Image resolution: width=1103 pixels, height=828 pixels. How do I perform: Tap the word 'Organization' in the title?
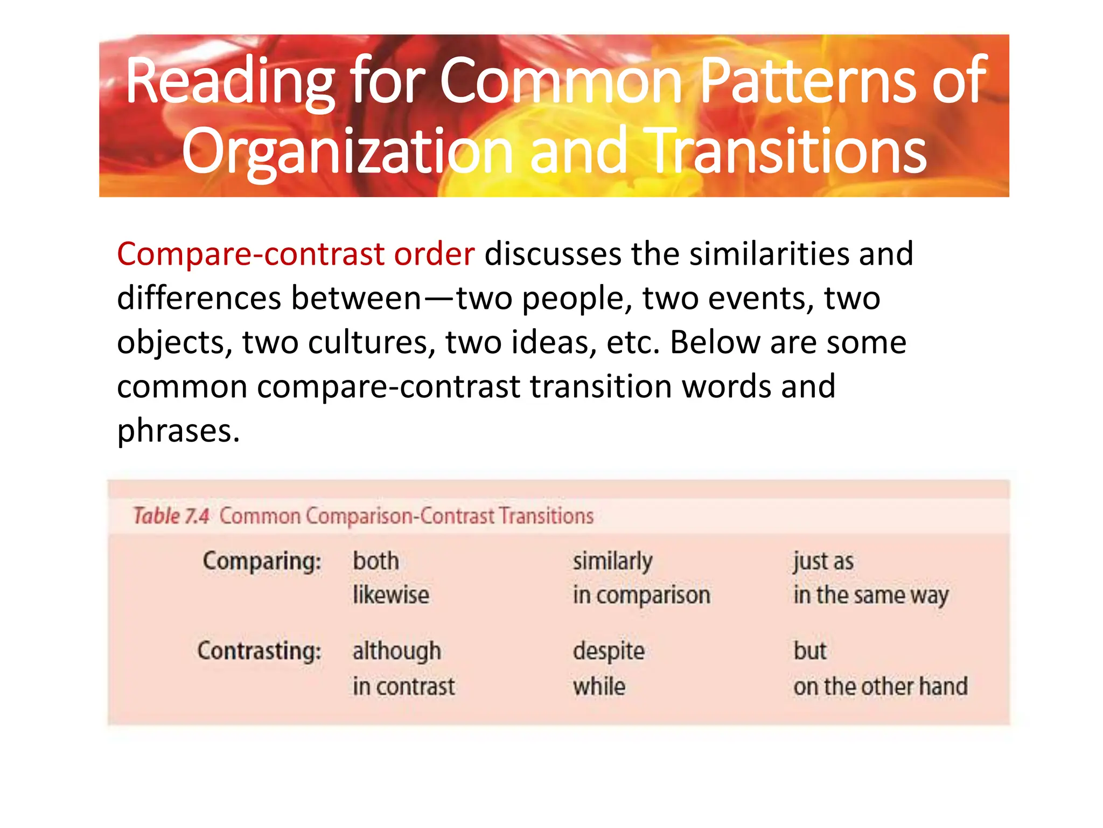347,153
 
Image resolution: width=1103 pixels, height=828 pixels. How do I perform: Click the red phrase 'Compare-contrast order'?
296,254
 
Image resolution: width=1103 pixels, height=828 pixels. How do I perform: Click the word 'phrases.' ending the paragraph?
178,431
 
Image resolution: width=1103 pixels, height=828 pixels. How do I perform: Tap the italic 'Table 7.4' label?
171,516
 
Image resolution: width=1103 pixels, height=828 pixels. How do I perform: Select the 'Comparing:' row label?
262,561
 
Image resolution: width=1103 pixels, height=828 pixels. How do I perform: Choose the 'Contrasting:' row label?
259,651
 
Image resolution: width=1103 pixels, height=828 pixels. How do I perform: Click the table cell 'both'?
376,561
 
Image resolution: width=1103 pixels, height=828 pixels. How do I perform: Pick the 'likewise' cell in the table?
391,595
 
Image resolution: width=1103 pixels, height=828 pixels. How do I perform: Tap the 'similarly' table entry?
612,562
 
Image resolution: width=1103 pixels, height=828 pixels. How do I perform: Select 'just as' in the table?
823,562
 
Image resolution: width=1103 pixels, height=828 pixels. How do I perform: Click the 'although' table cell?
397,651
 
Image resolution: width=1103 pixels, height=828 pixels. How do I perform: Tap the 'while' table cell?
599,687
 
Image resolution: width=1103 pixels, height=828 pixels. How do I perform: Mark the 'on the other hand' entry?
881,687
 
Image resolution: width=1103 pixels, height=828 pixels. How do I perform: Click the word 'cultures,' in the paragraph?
372,342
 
